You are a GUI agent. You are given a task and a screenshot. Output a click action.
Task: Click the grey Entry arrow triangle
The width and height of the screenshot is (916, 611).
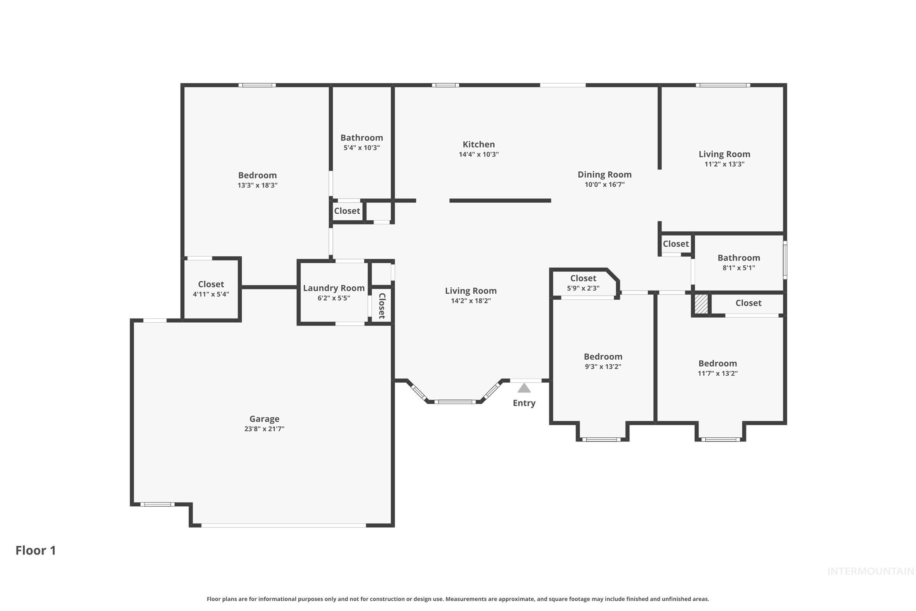pyautogui.click(x=524, y=388)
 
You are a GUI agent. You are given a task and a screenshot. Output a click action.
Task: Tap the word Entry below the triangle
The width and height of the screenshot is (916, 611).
pyautogui.click(x=524, y=403)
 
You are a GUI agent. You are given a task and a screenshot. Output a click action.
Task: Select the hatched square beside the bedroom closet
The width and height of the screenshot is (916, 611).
pyautogui.click(x=701, y=304)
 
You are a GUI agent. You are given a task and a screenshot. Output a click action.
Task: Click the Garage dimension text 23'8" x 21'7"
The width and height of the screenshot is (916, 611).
pyautogui.click(x=264, y=428)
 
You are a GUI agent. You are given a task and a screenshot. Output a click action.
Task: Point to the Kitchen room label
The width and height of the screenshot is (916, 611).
pyautogui.click(x=478, y=144)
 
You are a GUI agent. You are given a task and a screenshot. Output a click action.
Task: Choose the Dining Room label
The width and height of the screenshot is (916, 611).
pyautogui.click(x=604, y=175)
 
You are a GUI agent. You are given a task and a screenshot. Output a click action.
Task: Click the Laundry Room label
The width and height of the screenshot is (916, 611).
pyautogui.click(x=333, y=288)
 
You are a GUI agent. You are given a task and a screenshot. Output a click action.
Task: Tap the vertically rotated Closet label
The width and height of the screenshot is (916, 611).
pyautogui.click(x=382, y=306)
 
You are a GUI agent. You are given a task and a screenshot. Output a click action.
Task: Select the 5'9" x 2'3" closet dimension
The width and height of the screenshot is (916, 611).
pyautogui.click(x=583, y=288)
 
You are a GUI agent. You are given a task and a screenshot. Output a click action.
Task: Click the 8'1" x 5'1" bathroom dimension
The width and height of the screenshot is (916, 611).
pyautogui.click(x=739, y=268)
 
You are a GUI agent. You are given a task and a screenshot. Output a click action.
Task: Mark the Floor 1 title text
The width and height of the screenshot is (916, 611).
pyautogui.click(x=35, y=550)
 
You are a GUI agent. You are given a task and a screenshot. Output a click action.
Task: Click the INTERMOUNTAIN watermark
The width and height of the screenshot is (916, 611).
pyautogui.click(x=870, y=571)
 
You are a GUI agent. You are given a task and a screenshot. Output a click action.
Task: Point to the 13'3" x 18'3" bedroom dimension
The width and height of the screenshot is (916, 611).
pyautogui.click(x=257, y=185)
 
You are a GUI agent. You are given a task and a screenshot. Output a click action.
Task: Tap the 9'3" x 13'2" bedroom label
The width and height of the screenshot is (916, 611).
pyautogui.click(x=603, y=357)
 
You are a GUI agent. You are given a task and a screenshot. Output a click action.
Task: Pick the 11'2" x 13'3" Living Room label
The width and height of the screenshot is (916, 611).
pyautogui.click(x=724, y=154)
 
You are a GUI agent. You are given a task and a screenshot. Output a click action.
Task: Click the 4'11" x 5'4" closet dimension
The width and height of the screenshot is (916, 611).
pyautogui.click(x=211, y=294)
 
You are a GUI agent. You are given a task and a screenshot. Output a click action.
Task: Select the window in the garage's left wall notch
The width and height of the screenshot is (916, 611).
pyautogui.click(x=157, y=504)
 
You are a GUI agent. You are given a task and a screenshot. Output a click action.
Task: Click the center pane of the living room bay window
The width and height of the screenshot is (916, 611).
pyautogui.click(x=455, y=402)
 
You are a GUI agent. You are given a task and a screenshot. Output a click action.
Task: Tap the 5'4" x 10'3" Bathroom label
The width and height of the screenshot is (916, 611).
pyautogui.click(x=361, y=138)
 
